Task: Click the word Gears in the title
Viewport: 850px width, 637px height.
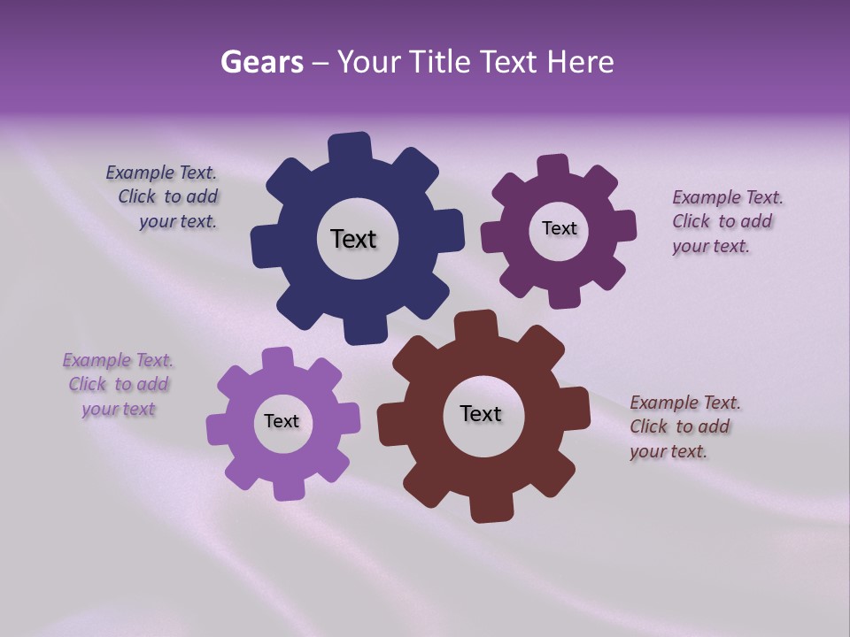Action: (261, 62)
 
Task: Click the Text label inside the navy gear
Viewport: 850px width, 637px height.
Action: (353, 239)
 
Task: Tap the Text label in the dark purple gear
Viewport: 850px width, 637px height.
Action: (559, 228)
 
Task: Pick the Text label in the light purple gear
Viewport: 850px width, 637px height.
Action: (282, 421)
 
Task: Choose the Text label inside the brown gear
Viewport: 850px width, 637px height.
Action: (481, 413)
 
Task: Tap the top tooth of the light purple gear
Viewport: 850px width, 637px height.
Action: (277, 359)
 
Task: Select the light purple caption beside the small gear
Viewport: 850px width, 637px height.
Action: (118, 384)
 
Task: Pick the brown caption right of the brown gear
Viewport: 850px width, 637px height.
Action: (681, 426)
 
